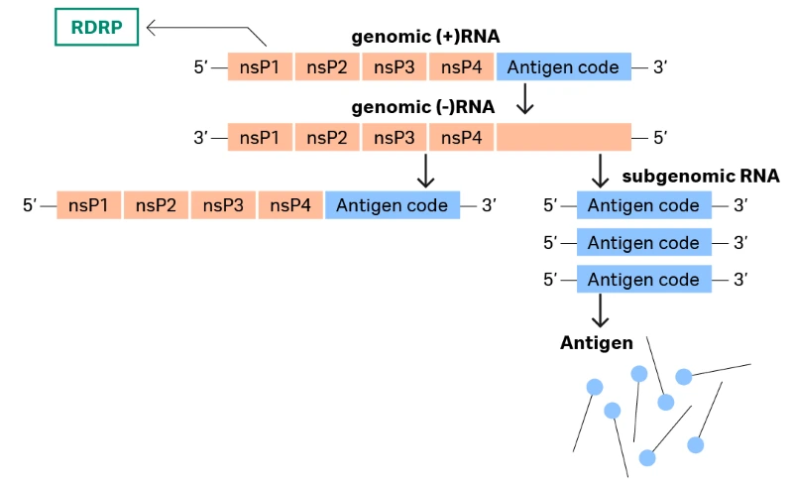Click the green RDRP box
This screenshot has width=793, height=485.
(x=96, y=28)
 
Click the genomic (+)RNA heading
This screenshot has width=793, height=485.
(x=425, y=38)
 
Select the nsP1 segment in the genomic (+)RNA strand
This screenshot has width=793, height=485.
(x=260, y=67)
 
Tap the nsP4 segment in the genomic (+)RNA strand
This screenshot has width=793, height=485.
(x=461, y=67)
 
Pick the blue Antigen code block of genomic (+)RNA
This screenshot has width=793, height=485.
(x=563, y=67)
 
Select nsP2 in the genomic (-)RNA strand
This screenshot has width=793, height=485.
(x=327, y=137)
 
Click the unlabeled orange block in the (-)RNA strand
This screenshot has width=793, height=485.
(x=563, y=137)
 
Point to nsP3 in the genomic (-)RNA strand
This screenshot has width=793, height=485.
(x=394, y=137)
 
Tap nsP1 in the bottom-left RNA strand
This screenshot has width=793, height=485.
(x=89, y=205)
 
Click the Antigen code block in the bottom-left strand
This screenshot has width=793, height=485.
(x=392, y=205)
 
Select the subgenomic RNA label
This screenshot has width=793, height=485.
(x=700, y=177)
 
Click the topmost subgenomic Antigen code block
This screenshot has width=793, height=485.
(x=643, y=205)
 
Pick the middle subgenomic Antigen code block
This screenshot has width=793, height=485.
(x=643, y=242)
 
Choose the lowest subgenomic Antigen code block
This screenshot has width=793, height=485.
(x=643, y=280)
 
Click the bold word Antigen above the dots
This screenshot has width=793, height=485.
(x=596, y=343)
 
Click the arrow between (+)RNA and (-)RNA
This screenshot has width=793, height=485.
(x=525, y=97)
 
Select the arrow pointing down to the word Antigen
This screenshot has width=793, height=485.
(x=599, y=311)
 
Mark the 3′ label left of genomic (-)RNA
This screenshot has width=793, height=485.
(x=203, y=137)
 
